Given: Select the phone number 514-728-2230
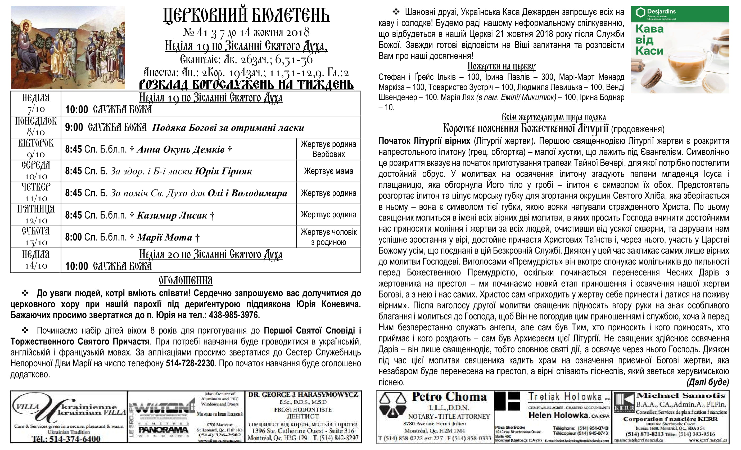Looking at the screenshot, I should (190, 363).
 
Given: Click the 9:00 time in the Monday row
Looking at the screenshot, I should (74, 128).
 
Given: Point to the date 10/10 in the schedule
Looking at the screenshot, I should (36, 176).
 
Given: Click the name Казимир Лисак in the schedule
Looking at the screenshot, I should (172, 215).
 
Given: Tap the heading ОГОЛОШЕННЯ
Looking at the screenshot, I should (186, 281).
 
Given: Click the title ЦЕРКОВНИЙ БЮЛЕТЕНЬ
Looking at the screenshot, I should (246, 16).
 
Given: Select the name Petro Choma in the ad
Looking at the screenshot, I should (449, 397).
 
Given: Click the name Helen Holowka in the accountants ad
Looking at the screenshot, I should (558, 415).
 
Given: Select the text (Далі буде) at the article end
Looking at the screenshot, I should (708, 382).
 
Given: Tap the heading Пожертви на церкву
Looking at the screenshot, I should (501, 66).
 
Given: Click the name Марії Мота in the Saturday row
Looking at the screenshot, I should (165, 237).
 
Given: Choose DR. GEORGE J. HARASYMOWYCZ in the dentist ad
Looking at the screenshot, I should (303, 395).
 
